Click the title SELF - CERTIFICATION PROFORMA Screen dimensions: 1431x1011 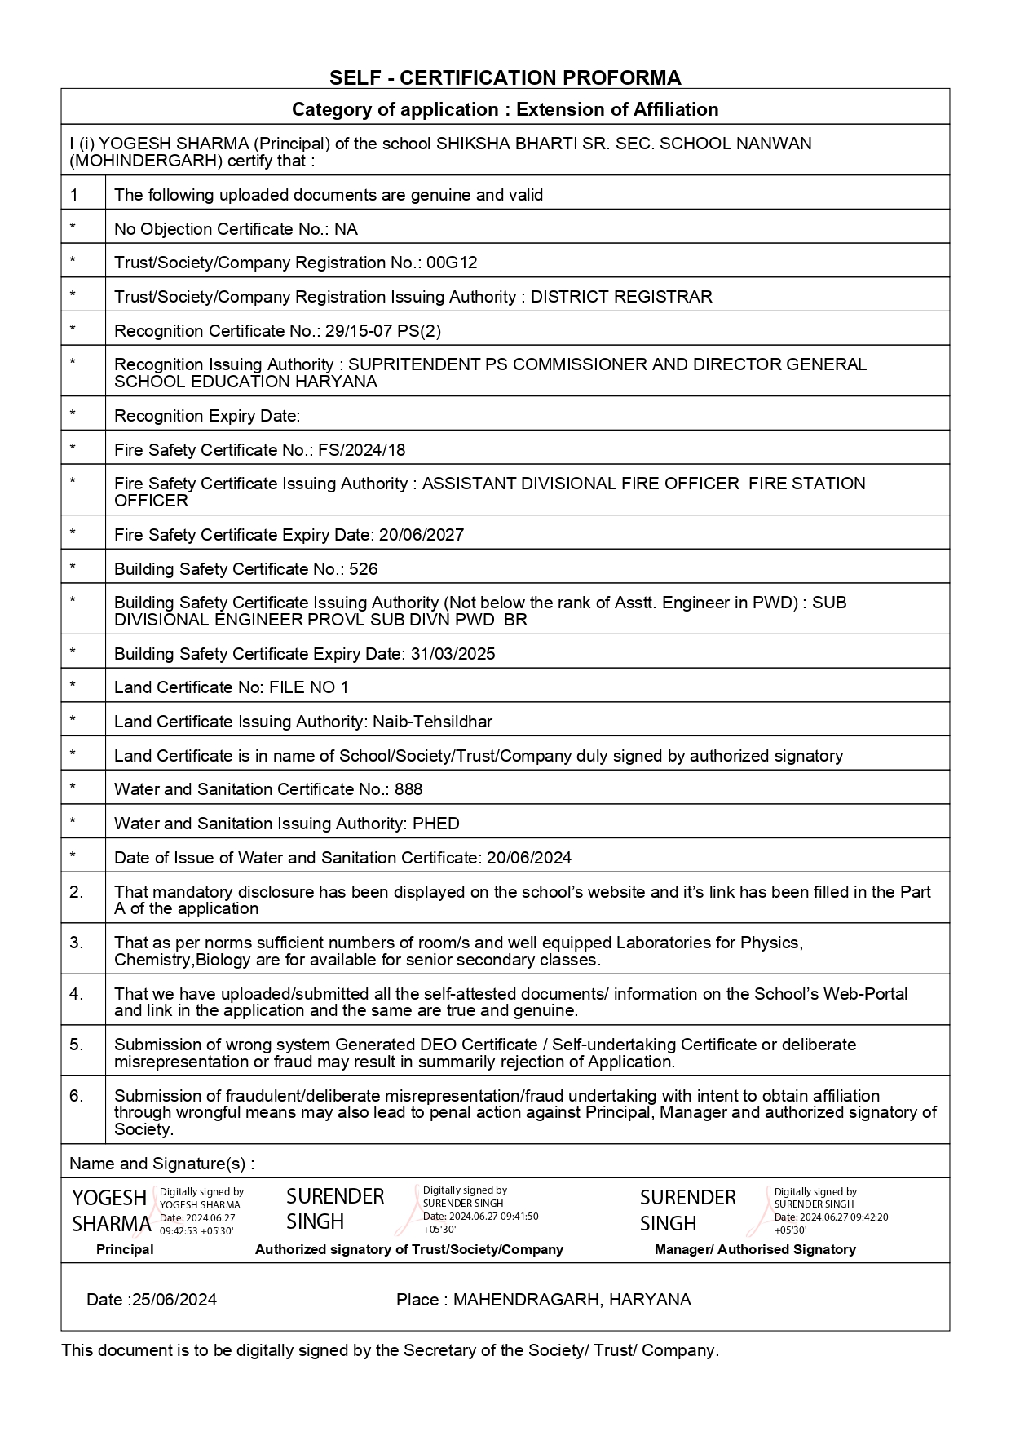tap(505, 77)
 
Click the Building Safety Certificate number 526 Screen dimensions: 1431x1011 tap(364, 569)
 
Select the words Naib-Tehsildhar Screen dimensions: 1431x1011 tap(432, 722)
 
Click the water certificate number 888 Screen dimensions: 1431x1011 tap(408, 789)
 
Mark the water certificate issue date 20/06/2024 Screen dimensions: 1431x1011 tap(529, 858)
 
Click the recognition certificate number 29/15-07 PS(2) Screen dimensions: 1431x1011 tap(383, 331)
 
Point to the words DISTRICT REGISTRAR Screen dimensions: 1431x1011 tap(621, 297)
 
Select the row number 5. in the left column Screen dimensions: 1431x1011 tap(77, 1045)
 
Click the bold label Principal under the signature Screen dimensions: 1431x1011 tap(125, 1249)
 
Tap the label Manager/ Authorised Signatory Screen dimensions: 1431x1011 tap(755, 1249)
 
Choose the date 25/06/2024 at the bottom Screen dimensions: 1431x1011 tap(174, 1300)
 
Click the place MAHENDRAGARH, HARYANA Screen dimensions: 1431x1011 tap(572, 1300)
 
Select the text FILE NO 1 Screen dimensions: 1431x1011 tap(309, 687)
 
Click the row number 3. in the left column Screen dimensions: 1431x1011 tap(77, 943)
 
